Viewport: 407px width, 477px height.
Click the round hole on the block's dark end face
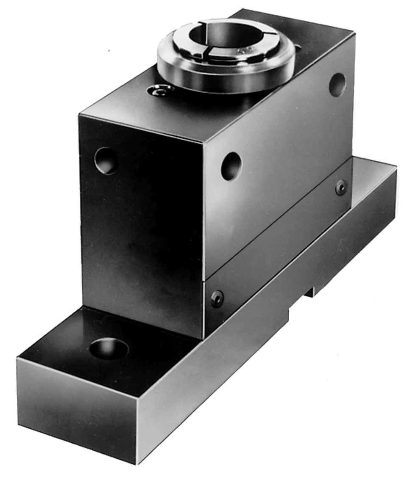click(105, 160)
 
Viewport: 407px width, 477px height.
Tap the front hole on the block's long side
click(231, 165)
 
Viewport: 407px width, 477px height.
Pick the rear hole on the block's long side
click(337, 84)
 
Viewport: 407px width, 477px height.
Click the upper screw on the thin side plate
click(341, 187)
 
